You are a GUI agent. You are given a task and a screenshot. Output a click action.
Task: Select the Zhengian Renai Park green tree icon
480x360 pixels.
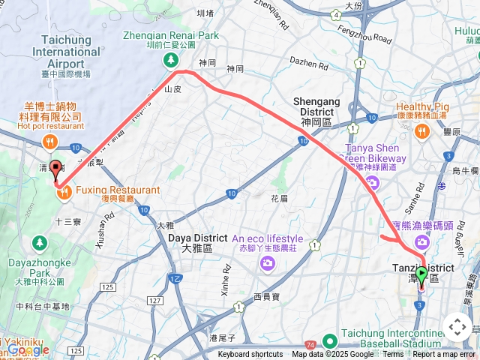point(172,59)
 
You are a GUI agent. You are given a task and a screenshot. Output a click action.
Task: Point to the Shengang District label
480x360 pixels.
point(316,106)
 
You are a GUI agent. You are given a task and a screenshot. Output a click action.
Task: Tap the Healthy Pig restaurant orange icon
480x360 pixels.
point(421,132)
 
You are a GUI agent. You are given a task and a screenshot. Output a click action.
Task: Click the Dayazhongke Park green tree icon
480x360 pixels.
point(38,243)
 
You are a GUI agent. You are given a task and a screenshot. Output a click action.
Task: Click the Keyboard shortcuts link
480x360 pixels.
point(250,355)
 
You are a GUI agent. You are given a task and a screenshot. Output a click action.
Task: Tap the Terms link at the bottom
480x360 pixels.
point(393,355)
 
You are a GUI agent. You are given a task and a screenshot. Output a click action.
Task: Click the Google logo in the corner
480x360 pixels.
point(28,349)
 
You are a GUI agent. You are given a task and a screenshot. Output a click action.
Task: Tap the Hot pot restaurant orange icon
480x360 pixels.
point(50,139)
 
